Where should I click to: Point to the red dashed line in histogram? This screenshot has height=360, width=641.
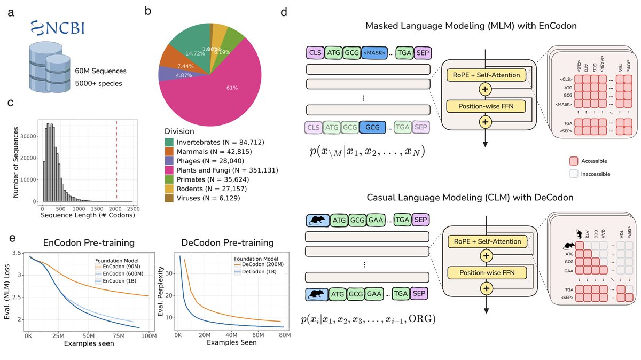click(116, 160)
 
